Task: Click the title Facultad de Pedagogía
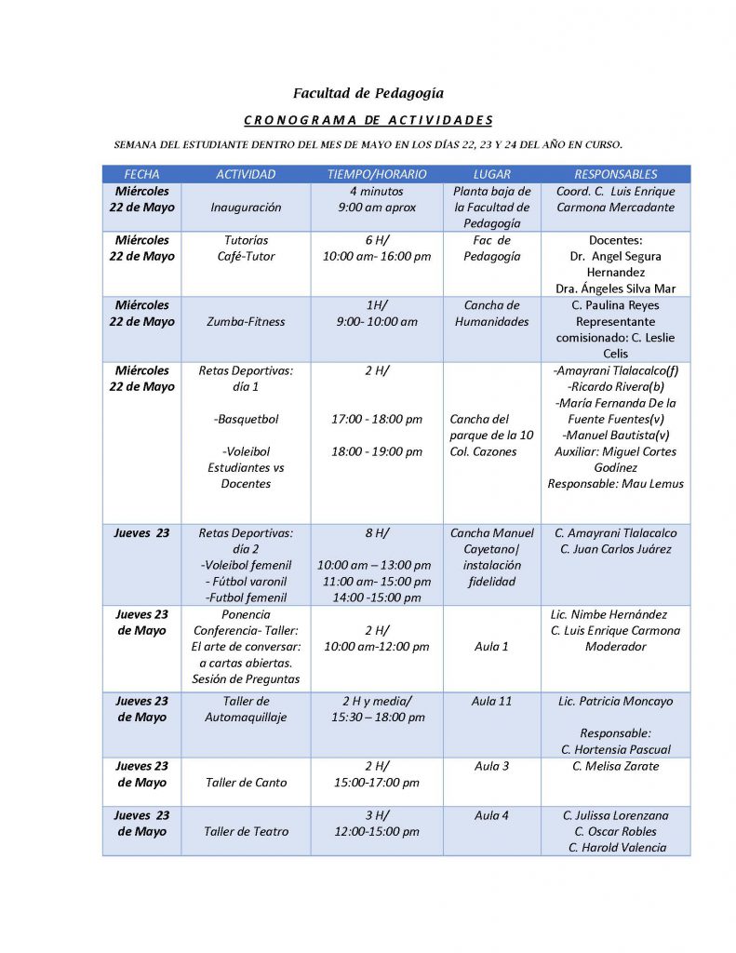coord(368,93)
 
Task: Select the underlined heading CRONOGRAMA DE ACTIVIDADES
coord(368,120)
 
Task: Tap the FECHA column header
coord(141,174)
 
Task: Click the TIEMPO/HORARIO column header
coord(376,174)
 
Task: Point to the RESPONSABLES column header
coord(615,174)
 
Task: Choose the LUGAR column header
coord(491,174)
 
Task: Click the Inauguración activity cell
coord(246,208)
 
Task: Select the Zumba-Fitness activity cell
coord(246,322)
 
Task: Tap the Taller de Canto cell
coord(246,783)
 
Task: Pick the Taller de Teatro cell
coord(246,832)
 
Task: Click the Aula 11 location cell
coord(492,701)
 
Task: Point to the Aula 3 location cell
coord(492,766)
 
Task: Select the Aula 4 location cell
coord(492,815)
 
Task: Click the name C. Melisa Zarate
coord(615,766)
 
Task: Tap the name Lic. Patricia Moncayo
coord(615,701)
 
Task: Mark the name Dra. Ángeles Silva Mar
coord(615,289)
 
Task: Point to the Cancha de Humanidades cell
coord(491,314)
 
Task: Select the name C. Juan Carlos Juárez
coord(615,549)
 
